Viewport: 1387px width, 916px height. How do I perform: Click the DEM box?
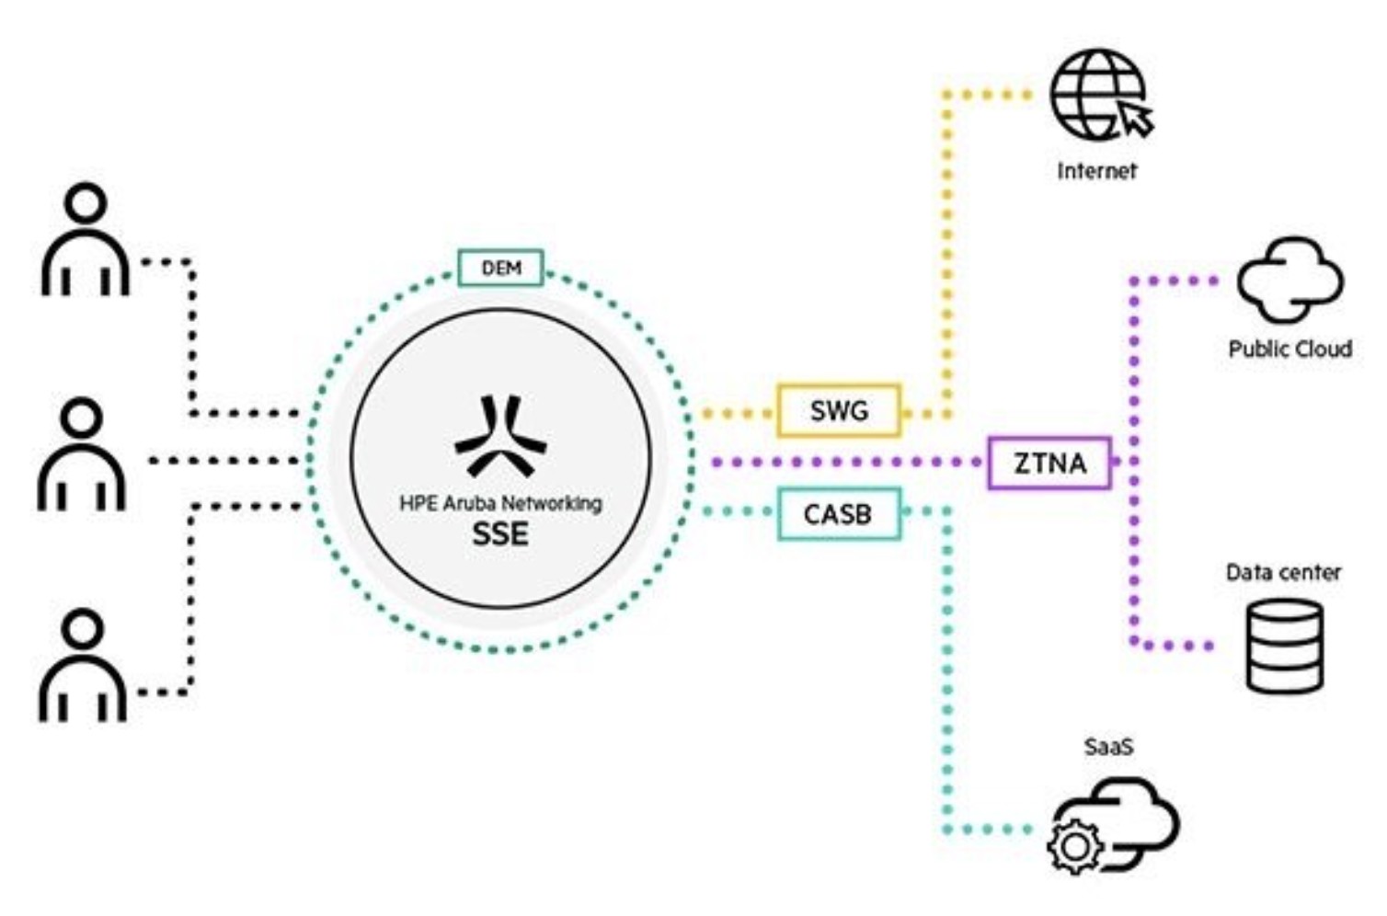500,268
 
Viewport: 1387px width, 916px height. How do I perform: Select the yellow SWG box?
838,410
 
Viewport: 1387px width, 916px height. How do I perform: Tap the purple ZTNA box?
1049,463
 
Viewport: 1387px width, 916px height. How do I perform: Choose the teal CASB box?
838,514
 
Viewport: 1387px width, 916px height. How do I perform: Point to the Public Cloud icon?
1290,280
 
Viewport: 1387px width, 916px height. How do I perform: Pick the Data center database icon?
1285,646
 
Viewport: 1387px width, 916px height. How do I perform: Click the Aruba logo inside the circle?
500,436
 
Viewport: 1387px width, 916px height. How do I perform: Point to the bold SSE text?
500,534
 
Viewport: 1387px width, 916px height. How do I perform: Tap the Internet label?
1096,171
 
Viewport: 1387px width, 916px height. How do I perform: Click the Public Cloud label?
1290,349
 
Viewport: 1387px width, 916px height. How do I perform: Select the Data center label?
1283,573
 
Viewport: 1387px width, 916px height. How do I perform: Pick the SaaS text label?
1108,747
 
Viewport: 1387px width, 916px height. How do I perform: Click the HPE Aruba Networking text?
500,503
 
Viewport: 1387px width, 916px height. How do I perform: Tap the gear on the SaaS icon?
1075,845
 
